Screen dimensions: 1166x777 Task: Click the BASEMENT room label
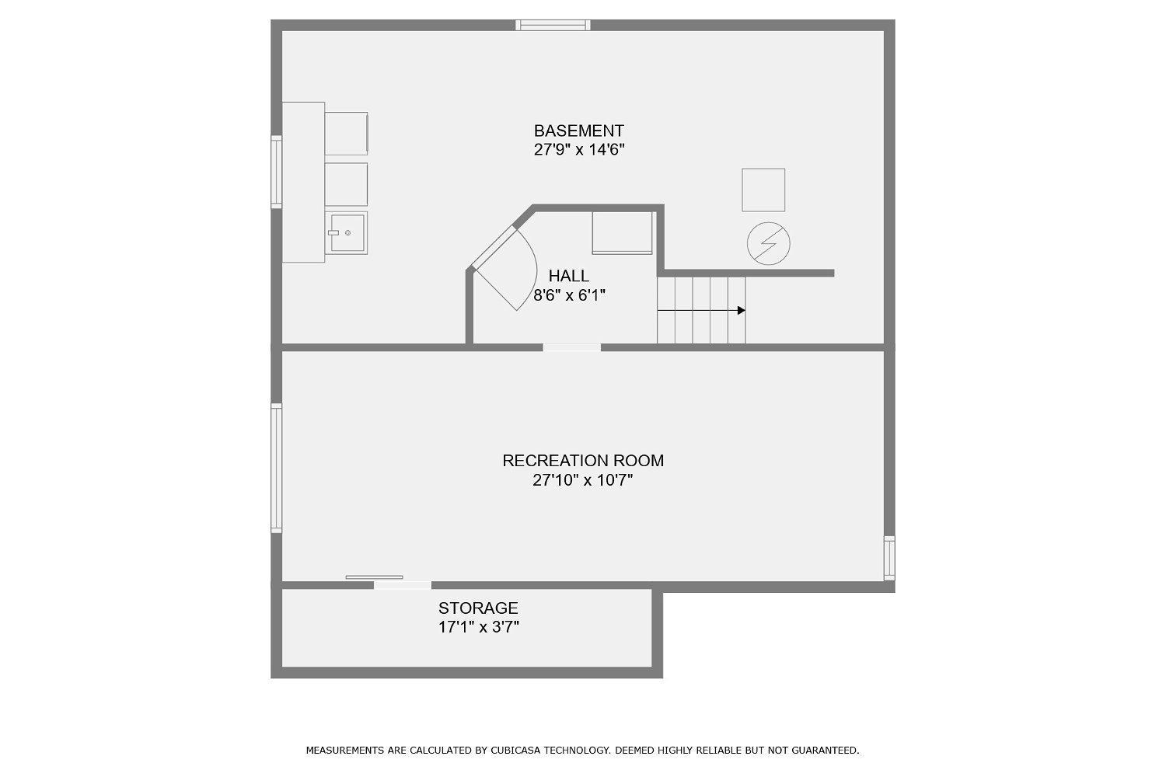pyautogui.click(x=578, y=130)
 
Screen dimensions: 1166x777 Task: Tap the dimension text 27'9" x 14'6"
pyautogui.click(x=579, y=150)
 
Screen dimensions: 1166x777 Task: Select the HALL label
pyautogui.click(x=568, y=275)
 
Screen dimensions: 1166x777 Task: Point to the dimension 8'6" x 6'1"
pyautogui.click(x=570, y=295)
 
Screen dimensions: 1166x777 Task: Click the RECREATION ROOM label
pyautogui.click(x=583, y=461)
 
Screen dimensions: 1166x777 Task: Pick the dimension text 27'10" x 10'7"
pyautogui.click(x=582, y=480)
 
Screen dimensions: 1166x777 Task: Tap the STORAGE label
pyautogui.click(x=478, y=608)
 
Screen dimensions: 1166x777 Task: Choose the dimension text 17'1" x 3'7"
pyautogui.click(x=478, y=627)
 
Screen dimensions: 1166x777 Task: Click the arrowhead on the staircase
pyautogui.click(x=742, y=310)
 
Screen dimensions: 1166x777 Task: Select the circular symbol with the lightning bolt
pyautogui.click(x=768, y=243)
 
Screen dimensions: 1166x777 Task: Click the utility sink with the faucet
pyautogui.click(x=346, y=232)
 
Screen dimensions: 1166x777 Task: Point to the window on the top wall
pyautogui.click(x=553, y=25)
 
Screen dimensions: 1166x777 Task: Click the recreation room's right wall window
pyautogui.click(x=889, y=558)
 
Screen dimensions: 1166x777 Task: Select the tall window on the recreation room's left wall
pyautogui.click(x=277, y=468)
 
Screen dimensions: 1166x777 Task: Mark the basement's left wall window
pyautogui.click(x=277, y=172)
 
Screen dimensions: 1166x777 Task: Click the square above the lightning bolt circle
pyautogui.click(x=763, y=190)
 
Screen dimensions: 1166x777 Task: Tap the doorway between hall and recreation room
pyautogui.click(x=571, y=347)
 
